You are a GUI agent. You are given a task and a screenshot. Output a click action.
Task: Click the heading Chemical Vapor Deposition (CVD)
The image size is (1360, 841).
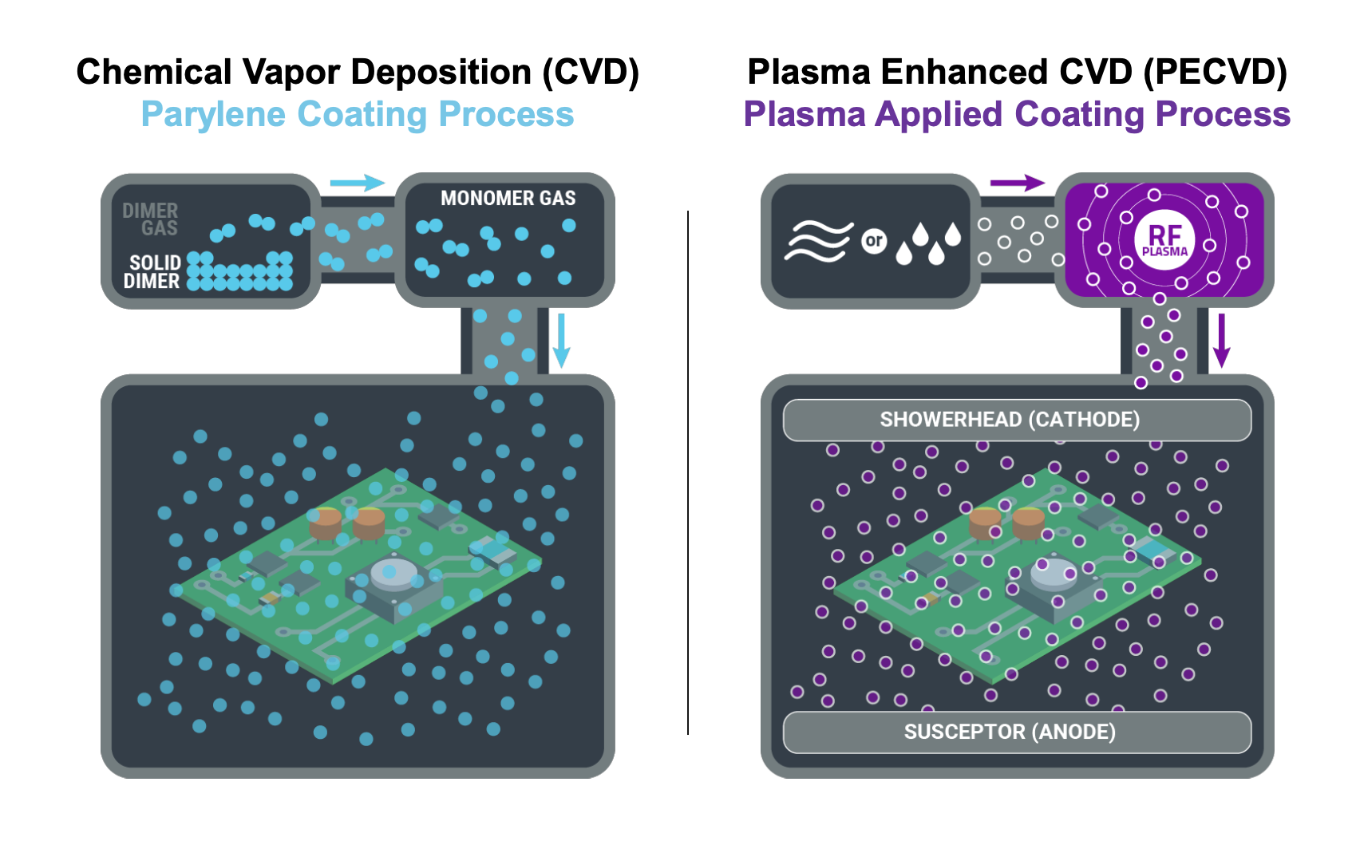(x=358, y=72)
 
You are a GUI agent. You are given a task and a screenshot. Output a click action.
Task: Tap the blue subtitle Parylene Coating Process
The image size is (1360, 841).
(x=358, y=114)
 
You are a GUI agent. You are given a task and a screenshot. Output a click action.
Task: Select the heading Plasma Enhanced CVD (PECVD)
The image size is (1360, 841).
(x=1017, y=72)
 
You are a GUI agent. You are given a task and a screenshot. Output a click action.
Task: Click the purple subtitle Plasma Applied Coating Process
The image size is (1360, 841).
(x=1017, y=114)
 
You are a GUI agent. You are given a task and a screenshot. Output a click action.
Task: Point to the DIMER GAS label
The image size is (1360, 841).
(x=150, y=219)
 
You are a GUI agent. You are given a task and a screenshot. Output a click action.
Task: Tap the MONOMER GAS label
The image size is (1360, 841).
(x=508, y=198)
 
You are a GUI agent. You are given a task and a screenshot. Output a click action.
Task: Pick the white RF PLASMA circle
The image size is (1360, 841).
(x=1164, y=239)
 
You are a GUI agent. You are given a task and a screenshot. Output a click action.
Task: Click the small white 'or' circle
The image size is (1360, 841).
(x=874, y=240)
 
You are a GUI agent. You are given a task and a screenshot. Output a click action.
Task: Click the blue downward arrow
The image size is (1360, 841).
(x=562, y=341)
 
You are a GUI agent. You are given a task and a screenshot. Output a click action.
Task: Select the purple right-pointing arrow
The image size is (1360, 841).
(x=1017, y=183)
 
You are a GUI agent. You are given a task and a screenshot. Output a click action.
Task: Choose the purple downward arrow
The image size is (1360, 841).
(x=1221, y=341)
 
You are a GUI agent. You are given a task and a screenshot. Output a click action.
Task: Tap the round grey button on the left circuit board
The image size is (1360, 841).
(x=393, y=573)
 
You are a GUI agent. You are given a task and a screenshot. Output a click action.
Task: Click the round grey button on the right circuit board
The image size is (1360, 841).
(x=1056, y=572)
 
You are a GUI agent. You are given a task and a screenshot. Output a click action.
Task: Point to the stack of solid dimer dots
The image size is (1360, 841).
(x=239, y=271)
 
